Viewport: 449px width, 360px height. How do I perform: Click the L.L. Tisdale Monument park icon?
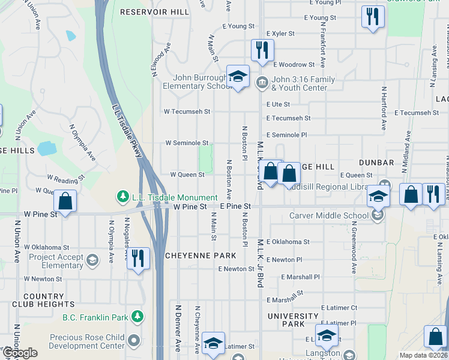point(122,197)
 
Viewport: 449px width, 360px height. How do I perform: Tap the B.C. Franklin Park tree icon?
point(137,316)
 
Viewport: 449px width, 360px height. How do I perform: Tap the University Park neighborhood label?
point(294,320)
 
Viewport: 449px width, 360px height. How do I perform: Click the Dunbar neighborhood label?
point(376,163)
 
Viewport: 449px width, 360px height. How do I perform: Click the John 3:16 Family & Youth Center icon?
point(262,82)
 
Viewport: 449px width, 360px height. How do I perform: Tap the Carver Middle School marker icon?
point(378,215)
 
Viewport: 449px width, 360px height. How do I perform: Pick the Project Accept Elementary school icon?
point(92,260)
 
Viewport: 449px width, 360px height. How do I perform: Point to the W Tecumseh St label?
point(187,112)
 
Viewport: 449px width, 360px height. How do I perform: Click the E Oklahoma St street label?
point(289,242)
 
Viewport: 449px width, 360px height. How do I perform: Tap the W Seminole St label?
point(187,143)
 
